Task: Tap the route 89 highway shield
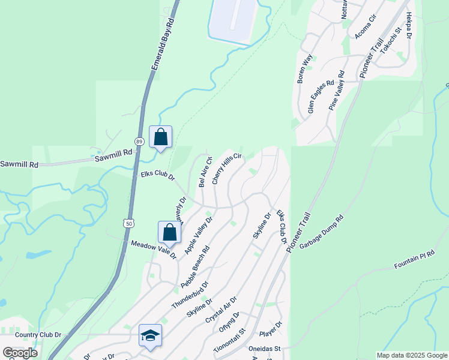click(139, 141)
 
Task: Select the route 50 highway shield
click(129, 223)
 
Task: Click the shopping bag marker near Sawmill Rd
click(160, 137)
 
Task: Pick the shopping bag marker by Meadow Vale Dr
click(169, 232)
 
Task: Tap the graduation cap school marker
click(150, 335)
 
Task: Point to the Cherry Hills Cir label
click(226, 169)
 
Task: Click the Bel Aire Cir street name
click(205, 172)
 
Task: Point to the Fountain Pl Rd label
click(414, 260)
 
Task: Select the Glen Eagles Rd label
click(320, 96)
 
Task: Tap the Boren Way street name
click(305, 68)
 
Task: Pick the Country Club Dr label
click(38, 335)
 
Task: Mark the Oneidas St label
click(270, 349)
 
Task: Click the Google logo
click(20, 352)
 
